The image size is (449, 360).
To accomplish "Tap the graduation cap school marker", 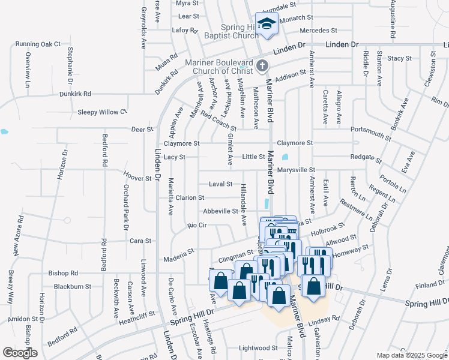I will [267, 24].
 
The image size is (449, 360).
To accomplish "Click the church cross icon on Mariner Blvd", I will [261, 65].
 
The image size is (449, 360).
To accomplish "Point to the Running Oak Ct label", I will [39, 44].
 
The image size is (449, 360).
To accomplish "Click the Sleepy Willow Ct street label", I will [103, 112].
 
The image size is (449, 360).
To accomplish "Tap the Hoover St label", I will [137, 179].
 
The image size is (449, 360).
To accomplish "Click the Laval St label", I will [220, 184].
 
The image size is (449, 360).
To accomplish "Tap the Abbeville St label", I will [220, 211].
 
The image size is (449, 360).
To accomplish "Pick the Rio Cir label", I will [197, 226].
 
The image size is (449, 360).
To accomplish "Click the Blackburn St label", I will [71, 287].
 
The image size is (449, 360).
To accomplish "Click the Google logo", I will [20, 353].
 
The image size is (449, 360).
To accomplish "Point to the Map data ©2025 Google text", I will [411, 355].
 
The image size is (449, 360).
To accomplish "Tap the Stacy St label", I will [399, 59].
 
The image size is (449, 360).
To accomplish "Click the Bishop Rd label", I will [63, 272].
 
